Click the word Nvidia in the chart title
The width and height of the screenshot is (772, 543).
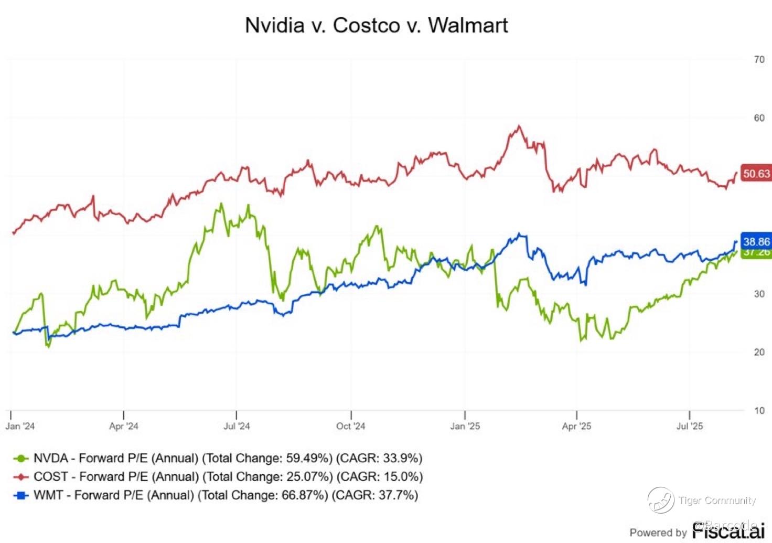275,25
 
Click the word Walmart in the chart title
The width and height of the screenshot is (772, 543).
468,25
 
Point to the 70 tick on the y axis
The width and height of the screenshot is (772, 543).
759,60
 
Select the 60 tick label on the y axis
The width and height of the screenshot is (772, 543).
759,118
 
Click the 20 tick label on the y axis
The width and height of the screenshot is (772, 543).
759,352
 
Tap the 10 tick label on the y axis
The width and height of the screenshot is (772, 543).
759,410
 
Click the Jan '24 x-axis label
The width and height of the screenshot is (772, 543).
20,426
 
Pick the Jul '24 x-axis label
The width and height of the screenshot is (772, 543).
237,426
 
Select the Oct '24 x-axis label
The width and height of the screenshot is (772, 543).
350,426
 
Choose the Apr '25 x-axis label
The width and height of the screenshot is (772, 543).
576,426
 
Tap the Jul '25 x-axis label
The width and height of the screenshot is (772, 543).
690,426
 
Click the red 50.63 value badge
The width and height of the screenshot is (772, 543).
756,174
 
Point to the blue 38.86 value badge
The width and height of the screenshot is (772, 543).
756,241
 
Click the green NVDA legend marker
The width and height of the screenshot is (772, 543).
20,459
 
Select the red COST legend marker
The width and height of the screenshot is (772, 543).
20,477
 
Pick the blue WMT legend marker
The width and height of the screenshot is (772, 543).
20,495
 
